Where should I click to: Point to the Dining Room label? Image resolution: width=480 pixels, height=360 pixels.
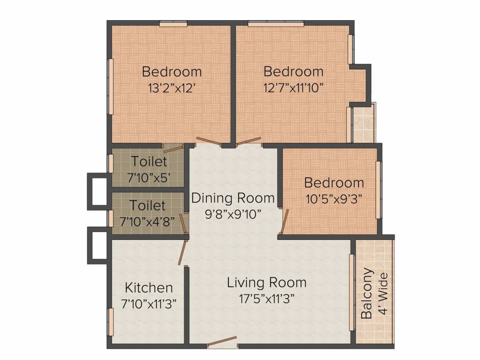(x=233, y=198)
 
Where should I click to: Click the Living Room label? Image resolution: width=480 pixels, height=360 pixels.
(x=267, y=283)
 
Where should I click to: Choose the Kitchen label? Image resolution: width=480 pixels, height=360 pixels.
(x=149, y=287)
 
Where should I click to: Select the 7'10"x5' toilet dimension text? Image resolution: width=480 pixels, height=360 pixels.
(x=149, y=178)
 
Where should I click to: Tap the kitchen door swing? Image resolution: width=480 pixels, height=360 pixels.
(x=182, y=254)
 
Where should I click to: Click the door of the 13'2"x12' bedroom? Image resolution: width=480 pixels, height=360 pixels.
(x=207, y=140)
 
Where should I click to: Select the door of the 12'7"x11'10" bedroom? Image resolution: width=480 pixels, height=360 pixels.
(x=248, y=141)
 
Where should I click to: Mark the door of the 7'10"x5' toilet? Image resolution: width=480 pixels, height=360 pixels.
(x=173, y=149)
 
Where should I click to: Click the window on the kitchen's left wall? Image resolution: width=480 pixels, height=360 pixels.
(x=111, y=322)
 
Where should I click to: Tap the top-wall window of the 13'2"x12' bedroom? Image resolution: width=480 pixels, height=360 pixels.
(x=173, y=24)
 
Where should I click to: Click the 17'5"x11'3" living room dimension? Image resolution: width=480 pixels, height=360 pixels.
(x=267, y=299)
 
